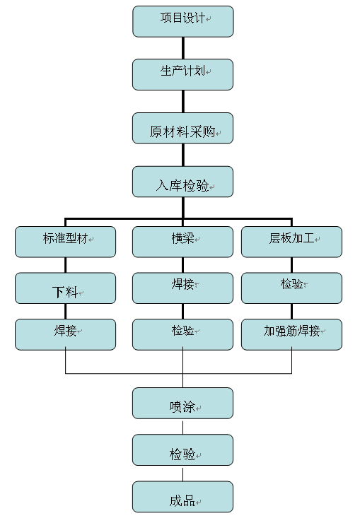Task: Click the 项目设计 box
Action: pyautogui.click(x=183, y=21)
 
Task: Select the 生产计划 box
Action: pyautogui.click(x=183, y=75)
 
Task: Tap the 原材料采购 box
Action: pyautogui.click(x=183, y=129)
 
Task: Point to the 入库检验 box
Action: pyautogui.click(x=183, y=182)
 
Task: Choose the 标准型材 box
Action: pyautogui.click(x=65, y=242)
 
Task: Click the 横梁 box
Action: pyautogui.click(x=183, y=242)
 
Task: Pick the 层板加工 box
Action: pyautogui.click(x=291, y=242)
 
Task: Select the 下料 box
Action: pyautogui.click(x=65, y=288)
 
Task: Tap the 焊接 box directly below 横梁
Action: pyautogui.click(x=183, y=288)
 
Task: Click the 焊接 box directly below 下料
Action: pyautogui.click(x=65, y=334)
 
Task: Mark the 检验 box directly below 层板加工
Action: pyautogui.click(x=291, y=288)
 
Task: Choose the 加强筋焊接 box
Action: pyautogui.click(x=291, y=334)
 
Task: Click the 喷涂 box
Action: pyautogui.click(x=183, y=404)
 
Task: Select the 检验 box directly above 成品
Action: pyautogui.click(x=183, y=450)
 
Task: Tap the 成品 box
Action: pyautogui.click(x=183, y=497)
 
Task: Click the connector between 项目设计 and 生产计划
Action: pyautogui.click(x=183, y=48)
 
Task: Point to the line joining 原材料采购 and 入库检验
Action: pyautogui.click(x=183, y=155)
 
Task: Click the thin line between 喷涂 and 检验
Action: pyautogui.click(x=183, y=428)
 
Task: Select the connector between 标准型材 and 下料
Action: pyautogui.click(x=65, y=265)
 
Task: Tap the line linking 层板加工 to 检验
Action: pyautogui.click(x=291, y=265)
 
